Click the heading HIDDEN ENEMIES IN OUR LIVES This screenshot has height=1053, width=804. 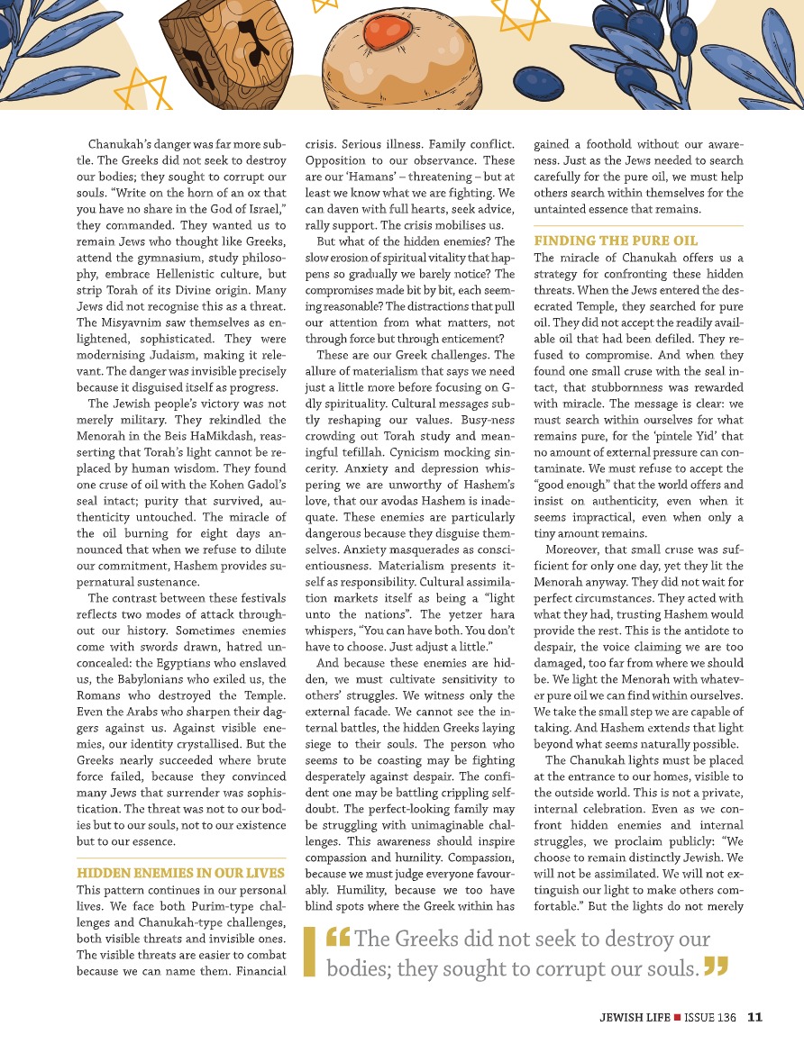[x=180, y=873]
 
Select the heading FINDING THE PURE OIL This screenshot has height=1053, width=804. [x=616, y=241]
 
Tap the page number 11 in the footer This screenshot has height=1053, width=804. [x=754, y=1017]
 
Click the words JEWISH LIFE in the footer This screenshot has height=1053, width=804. [x=635, y=1018]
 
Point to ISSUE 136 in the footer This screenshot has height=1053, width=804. [x=711, y=1018]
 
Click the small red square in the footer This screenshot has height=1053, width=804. [x=678, y=1018]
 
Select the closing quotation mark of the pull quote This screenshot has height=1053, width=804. [x=715, y=967]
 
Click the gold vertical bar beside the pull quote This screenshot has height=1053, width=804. [x=309, y=953]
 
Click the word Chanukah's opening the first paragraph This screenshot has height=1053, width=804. [x=120, y=144]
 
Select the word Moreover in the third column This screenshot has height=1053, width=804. [x=573, y=550]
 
